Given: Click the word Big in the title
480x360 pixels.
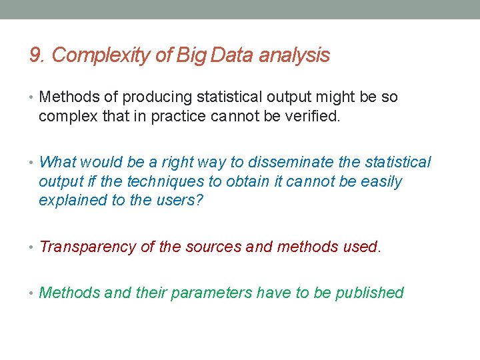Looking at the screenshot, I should tap(192, 55).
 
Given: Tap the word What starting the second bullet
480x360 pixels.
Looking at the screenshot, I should tap(58, 163).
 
